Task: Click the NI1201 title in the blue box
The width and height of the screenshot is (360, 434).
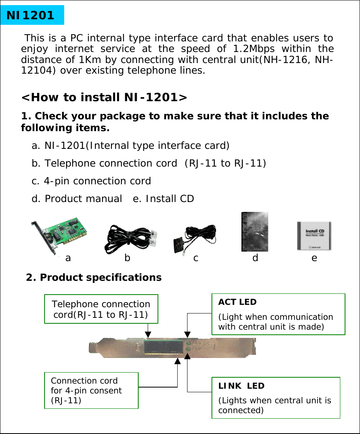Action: [x=30, y=15]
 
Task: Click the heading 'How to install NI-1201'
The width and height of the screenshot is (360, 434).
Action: [x=104, y=97]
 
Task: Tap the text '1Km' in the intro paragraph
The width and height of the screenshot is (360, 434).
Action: [x=89, y=60]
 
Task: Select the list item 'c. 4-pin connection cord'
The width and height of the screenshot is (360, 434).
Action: [x=91, y=181]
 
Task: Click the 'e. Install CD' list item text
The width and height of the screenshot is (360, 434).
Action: [x=163, y=199]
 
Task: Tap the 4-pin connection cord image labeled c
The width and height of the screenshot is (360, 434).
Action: [x=195, y=239]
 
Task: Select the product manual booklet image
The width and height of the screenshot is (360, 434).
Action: [x=254, y=232]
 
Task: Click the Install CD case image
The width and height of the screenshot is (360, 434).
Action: [x=314, y=236]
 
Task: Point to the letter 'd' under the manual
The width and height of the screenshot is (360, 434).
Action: [x=255, y=258]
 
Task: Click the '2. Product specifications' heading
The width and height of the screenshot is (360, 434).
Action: [x=94, y=278]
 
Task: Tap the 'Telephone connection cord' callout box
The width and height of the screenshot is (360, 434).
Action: [x=101, y=309]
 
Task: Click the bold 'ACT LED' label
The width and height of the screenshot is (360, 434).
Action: [x=237, y=302]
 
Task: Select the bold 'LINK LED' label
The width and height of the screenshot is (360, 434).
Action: [x=241, y=386]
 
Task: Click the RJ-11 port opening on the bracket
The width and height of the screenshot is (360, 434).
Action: [x=162, y=348]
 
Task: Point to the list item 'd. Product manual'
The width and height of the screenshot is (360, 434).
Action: [x=77, y=199]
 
